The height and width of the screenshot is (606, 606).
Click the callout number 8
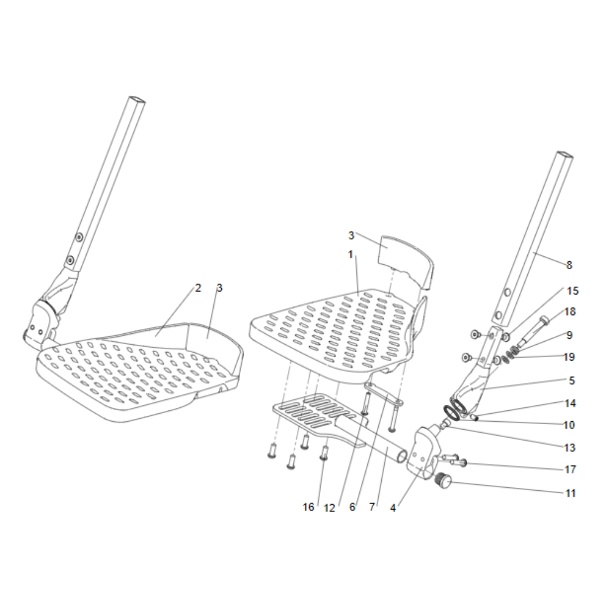(x=569, y=265)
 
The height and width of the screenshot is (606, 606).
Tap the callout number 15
(x=573, y=291)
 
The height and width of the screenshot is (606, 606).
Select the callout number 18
(x=570, y=311)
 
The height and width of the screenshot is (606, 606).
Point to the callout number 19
(x=569, y=357)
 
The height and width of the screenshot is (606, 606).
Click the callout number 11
(x=570, y=493)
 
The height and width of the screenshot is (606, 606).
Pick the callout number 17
(x=570, y=469)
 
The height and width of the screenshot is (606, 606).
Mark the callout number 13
(x=570, y=448)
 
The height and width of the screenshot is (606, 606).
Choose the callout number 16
(x=308, y=507)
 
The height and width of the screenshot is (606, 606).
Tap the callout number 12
(x=329, y=508)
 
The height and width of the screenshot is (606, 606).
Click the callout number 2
(x=198, y=288)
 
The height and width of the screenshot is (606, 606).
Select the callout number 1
(x=350, y=255)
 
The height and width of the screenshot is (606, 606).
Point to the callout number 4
(x=393, y=508)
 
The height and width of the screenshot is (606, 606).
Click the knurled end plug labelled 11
(x=444, y=481)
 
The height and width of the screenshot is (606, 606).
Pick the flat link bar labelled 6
(x=384, y=395)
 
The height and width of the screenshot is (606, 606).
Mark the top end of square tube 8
(x=564, y=155)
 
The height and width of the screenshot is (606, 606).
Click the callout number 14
(x=570, y=403)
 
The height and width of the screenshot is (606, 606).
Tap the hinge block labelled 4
(x=423, y=452)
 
